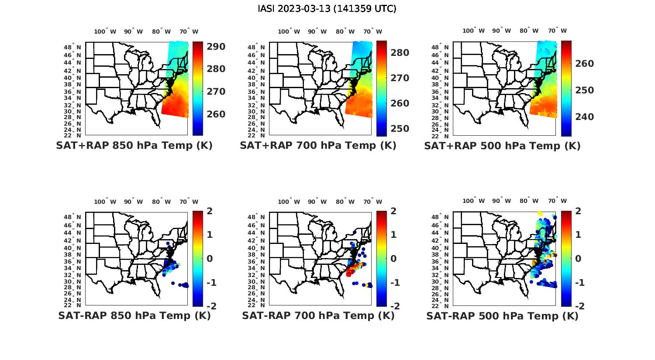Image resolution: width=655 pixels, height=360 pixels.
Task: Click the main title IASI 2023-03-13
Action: coord(327,9)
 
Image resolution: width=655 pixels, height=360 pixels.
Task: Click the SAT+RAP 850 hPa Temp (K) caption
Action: coord(134,146)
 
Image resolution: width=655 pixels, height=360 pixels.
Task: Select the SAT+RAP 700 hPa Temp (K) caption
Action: coord(318,146)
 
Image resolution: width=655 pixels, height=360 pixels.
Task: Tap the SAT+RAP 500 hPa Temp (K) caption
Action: coord(502,146)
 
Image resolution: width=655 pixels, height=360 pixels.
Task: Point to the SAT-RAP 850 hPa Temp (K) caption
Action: coord(134,315)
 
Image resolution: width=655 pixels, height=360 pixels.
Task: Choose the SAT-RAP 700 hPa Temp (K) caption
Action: coord(318,315)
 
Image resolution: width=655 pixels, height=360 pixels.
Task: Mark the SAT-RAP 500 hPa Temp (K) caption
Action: coord(502,316)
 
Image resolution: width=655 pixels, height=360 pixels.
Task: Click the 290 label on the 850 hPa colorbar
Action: coord(216,47)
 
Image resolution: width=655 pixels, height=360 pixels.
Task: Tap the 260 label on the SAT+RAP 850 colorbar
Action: coord(216,114)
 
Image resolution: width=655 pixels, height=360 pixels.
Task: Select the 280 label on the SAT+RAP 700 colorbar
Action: coord(400,53)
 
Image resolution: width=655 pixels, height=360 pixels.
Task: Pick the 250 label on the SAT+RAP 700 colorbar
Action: coord(400,129)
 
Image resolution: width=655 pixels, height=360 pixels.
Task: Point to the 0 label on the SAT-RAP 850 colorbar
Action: coord(209,258)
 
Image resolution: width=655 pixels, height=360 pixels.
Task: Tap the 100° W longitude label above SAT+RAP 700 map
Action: coord(289,31)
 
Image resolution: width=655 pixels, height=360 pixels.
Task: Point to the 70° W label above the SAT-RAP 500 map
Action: coord(557,201)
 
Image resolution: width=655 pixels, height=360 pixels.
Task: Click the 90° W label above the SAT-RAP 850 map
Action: coord(133,202)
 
